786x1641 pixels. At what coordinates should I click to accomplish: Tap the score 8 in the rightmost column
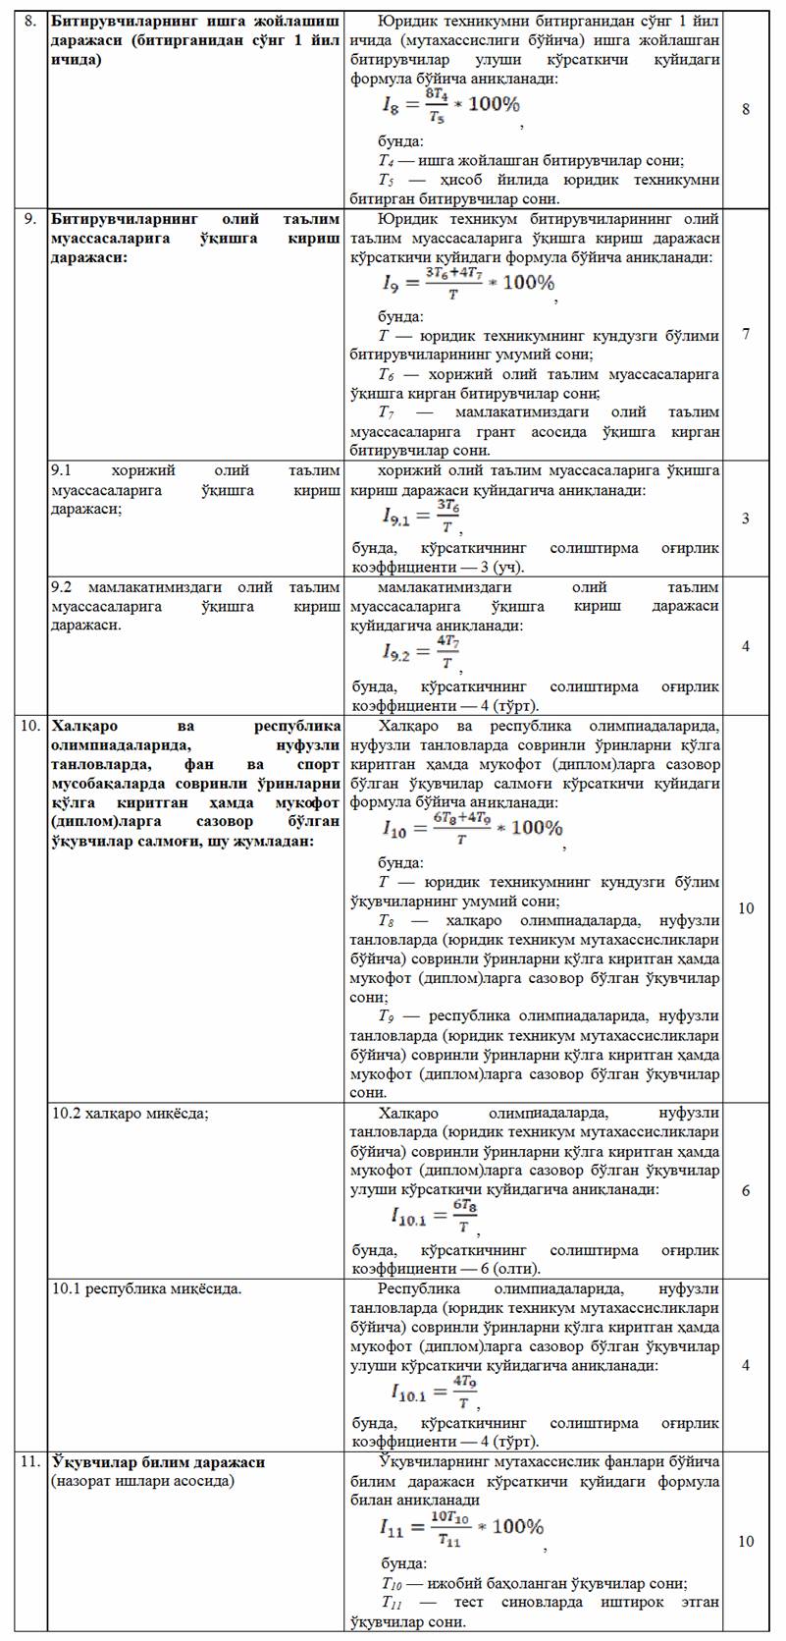tap(746, 109)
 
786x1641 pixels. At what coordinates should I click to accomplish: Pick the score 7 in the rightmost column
tap(746, 334)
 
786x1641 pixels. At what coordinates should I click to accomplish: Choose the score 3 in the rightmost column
tap(746, 519)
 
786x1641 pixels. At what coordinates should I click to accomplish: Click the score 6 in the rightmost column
tap(746, 1191)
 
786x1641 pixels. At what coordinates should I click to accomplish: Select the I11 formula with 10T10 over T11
tap(460, 1528)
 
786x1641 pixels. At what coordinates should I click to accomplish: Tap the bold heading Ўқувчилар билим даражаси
tap(158, 1462)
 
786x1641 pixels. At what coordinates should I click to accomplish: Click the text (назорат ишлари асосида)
tap(142, 1481)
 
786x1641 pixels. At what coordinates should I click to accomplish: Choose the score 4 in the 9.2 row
tap(746, 646)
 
